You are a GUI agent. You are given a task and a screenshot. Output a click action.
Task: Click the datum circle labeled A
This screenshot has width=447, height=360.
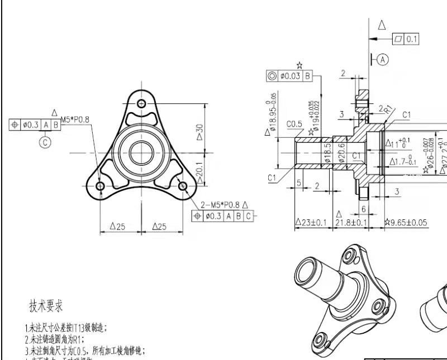382,59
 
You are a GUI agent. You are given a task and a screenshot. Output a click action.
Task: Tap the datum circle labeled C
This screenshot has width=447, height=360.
45,142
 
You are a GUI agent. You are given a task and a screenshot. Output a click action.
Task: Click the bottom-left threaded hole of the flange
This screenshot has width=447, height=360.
101,185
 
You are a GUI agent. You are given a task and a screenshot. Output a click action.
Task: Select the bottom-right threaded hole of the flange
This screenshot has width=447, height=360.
182,185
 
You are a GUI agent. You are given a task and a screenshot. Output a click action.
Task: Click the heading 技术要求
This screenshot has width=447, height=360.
46,306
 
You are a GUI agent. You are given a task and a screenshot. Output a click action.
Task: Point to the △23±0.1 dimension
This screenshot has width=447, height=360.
311,223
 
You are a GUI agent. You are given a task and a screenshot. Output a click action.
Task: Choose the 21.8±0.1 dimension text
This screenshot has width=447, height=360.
351,223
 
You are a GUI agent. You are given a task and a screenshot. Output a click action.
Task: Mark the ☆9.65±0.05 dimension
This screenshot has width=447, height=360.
406,223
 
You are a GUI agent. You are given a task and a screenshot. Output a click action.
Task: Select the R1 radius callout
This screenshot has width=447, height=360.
388,110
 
